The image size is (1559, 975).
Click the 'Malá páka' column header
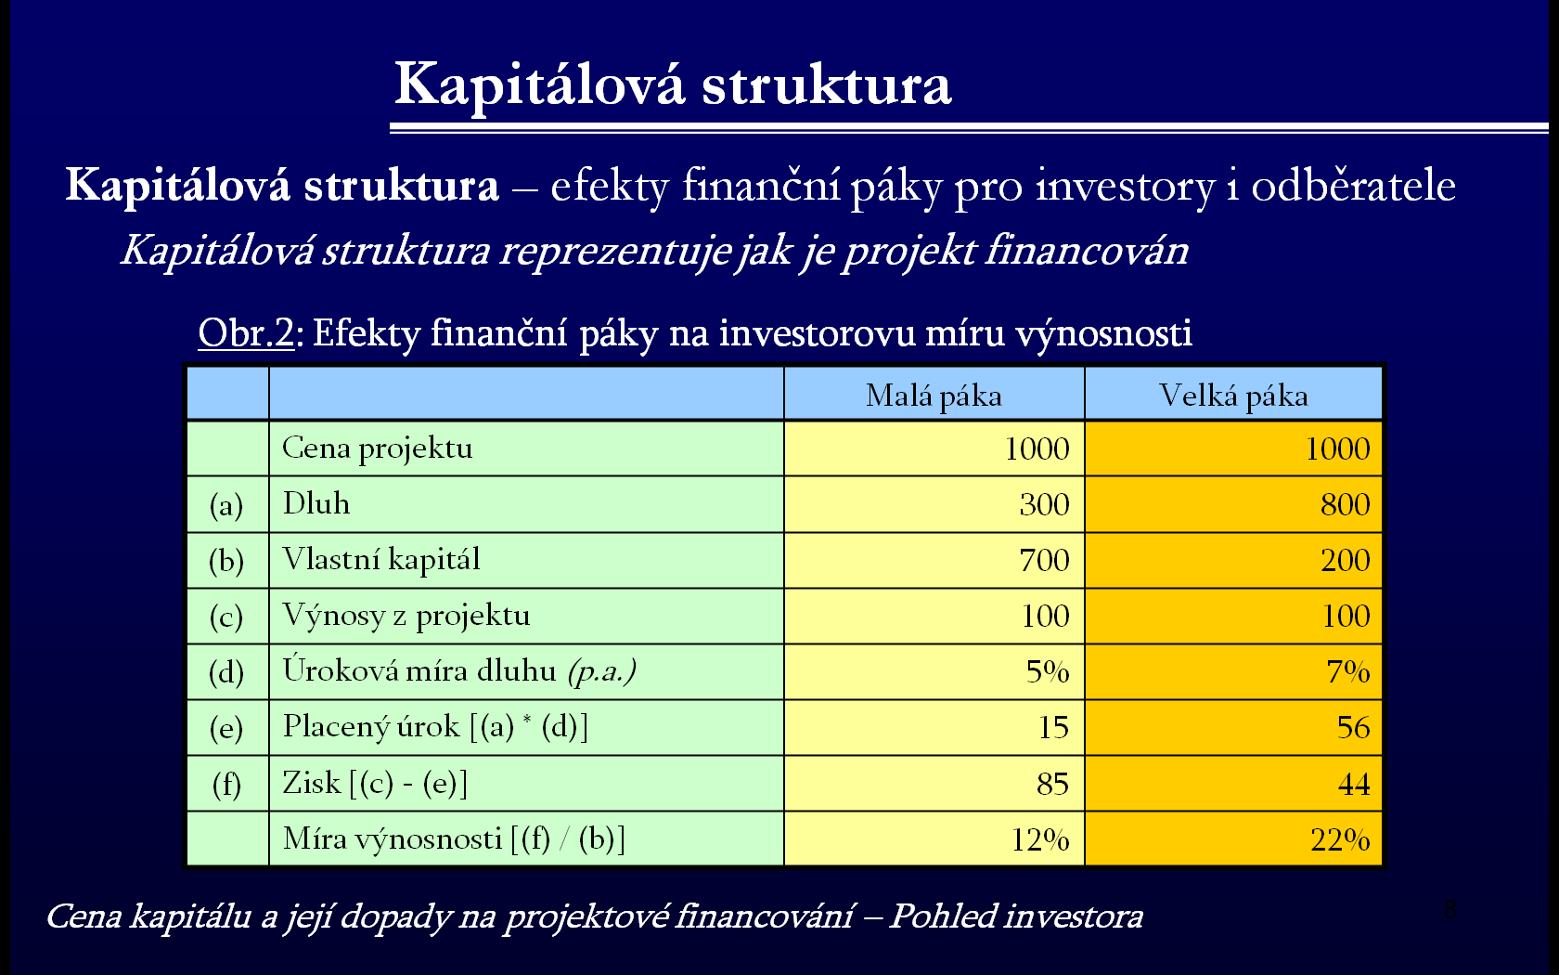coord(934,396)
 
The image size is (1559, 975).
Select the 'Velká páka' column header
coord(1233,396)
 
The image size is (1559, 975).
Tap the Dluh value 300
coord(1044,504)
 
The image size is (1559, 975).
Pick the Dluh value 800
coord(1346,504)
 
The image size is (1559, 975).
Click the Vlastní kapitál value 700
coord(1044,560)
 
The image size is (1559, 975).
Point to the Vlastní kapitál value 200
coord(1346,560)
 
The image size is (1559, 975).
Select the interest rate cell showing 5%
coord(1048,671)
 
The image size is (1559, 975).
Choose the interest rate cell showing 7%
coord(1348,671)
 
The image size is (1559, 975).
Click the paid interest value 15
coord(1054,727)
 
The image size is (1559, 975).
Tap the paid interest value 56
coord(1354,727)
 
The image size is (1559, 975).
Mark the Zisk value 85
coord(1052,784)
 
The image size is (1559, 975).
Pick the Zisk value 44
coord(1354,784)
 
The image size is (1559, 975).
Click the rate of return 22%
coord(1340,839)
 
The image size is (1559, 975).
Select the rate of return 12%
coord(1039,839)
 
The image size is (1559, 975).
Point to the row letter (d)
coord(226,672)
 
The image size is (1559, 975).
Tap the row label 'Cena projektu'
coord(377,448)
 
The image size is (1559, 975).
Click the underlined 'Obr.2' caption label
coord(247,332)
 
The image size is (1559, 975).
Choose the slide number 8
coord(1449,910)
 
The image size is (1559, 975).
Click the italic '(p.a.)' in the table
coord(602,672)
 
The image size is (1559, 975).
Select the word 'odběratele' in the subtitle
coord(1354,186)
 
